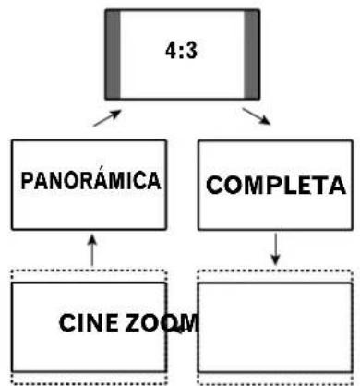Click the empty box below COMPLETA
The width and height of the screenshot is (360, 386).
coord(275,325)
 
